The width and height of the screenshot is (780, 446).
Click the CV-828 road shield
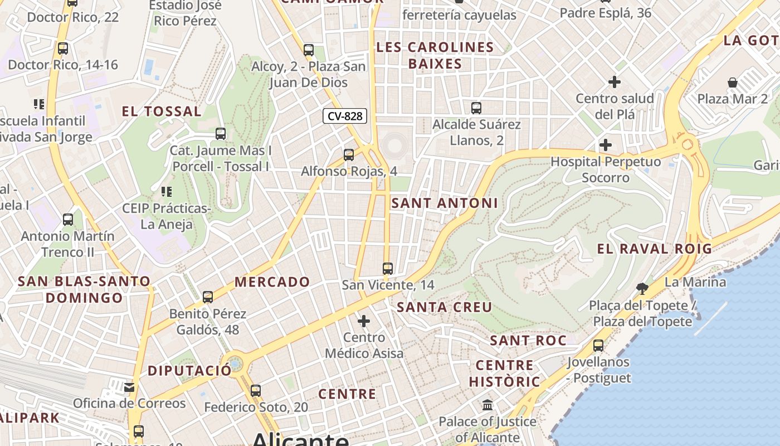tap(345, 116)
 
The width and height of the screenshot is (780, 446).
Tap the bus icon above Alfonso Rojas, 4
tap(349, 155)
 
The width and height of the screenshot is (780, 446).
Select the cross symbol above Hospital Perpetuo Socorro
tap(606, 146)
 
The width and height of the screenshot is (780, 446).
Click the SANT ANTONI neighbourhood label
tap(445, 203)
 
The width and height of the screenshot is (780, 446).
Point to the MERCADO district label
tap(272, 282)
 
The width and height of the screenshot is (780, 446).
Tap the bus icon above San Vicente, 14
tap(388, 269)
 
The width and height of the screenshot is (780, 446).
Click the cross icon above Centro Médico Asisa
tap(364, 321)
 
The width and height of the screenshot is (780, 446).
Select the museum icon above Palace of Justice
tap(487, 405)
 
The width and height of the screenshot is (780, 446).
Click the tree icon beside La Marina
tap(642, 288)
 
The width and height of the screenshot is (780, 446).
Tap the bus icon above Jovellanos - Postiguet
tap(598, 346)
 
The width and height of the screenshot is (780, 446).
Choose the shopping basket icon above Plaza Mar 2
tap(733, 83)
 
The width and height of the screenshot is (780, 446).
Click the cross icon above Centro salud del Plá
tap(615, 82)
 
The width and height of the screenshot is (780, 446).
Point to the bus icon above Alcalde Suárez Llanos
tap(476, 108)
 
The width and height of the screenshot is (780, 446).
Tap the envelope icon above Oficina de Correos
tap(129, 387)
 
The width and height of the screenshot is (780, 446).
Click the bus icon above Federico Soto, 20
tap(256, 391)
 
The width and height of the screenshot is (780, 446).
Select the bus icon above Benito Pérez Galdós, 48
tap(208, 297)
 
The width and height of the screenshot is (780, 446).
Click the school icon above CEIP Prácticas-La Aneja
tap(166, 192)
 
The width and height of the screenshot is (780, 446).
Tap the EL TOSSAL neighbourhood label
tap(162, 111)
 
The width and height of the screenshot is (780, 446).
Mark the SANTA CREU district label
tap(445, 307)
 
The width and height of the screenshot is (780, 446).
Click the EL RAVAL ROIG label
tap(655, 249)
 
